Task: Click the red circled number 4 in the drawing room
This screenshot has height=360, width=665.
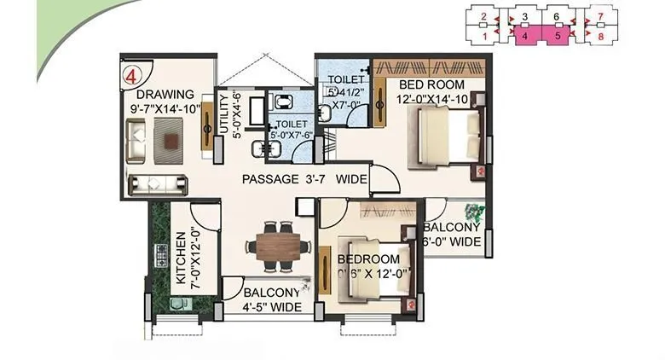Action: [131, 73]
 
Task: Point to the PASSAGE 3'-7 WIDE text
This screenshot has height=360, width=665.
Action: [304, 179]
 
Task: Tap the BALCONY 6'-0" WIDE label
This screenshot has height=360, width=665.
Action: [452, 235]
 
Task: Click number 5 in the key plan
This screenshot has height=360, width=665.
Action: [558, 36]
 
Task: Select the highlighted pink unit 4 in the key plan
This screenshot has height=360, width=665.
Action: [525, 36]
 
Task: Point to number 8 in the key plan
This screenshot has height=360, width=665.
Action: [602, 36]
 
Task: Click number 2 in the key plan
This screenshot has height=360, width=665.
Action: [483, 16]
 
